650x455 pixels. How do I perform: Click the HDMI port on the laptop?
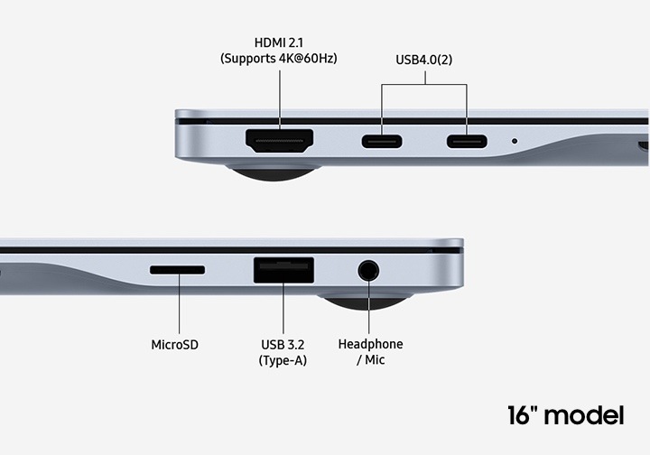click(x=279, y=141)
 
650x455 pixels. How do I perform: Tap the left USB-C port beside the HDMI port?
click(x=382, y=142)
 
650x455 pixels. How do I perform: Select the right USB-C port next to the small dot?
click(x=467, y=142)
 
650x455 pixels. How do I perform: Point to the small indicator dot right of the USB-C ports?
click(x=515, y=141)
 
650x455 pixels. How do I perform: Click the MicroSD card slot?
click(x=178, y=270)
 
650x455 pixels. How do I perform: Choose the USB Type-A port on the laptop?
click(x=284, y=270)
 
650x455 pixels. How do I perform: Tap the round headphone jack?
click(x=368, y=271)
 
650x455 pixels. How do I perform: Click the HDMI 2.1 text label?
click(x=279, y=42)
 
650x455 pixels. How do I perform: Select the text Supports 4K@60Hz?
click(x=279, y=59)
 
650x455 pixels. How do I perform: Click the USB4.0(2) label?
click(x=424, y=60)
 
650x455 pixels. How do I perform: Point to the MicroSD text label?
click(x=174, y=345)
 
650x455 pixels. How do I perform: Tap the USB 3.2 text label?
click(x=283, y=345)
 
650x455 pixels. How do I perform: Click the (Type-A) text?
click(x=283, y=360)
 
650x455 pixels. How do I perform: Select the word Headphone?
click(x=371, y=344)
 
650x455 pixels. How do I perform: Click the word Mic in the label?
click(x=375, y=359)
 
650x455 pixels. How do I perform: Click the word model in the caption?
click(x=584, y=415)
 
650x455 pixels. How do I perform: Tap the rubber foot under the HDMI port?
click(x=274, y=173)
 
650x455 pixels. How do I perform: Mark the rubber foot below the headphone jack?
click(x=366, y=302)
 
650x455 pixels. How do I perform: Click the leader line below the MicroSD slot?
click(x=179, y=304)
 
